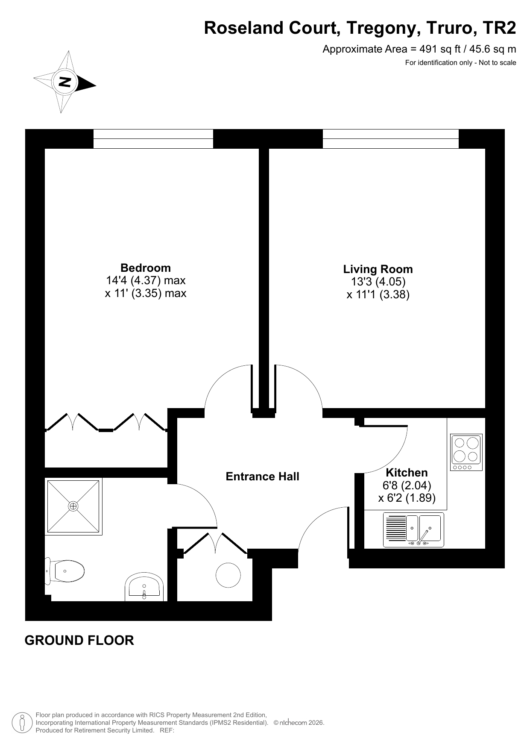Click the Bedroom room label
pos(146,268)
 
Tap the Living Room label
pos(378,269)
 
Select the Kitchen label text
pos(407,473)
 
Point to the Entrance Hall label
pos(262,476)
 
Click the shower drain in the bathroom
pos(73,506)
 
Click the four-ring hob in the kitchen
pos(466,452)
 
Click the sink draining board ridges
pos(396,528)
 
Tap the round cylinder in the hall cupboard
pos(228,575)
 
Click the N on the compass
pos(65,82)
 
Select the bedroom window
pos(153,139)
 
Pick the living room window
pos(390,139)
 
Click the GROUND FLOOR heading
pos(79,640)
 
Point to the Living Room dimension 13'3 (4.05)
pos(378,282)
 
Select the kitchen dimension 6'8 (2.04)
pos(407,485)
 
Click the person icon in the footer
pos(22,723)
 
